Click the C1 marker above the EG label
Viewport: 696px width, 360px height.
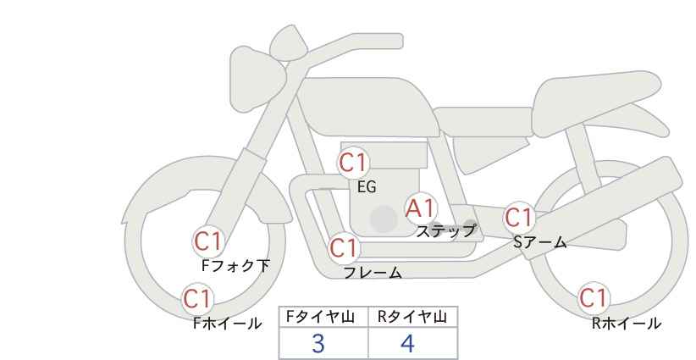[x=353, y=163]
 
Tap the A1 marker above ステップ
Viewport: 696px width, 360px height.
[x=421, y=208]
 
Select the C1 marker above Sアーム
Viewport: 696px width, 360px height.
[x=519, y=218]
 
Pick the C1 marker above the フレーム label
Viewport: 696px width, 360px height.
[x=344, y=247]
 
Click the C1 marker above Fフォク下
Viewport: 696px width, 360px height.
[x=208, y=242]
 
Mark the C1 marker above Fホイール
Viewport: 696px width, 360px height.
[x=197, y=299]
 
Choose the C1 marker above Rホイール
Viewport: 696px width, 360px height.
[x=594, y=298]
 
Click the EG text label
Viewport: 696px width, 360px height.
[x=367, y=187]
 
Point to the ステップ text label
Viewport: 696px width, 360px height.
[x=445, y=231]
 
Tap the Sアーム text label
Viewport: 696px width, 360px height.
[x=539, y=242]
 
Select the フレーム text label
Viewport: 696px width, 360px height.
[x=373, y=273]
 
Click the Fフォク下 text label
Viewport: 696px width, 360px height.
[x=235, y=266]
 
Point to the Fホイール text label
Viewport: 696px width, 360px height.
[x=228, y=324]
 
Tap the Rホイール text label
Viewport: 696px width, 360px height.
[x=627, y=324]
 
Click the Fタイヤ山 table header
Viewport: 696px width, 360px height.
[x=320, y=317]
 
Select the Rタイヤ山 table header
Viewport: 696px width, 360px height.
[x=412, y=317]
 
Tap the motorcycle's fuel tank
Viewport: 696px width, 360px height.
[x=366, y=107]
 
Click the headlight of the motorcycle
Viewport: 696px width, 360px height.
[x=257, y=79]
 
